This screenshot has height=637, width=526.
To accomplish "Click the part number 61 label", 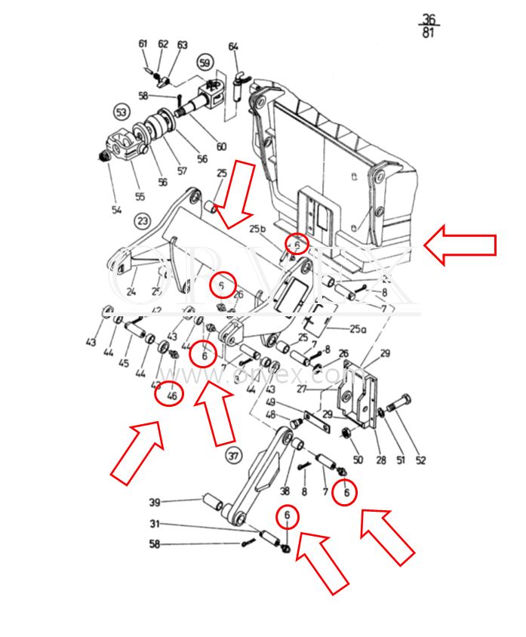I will click(143, 44).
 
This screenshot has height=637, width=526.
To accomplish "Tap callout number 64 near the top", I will click(233, 48).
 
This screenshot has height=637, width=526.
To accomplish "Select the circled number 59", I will click(205, 63).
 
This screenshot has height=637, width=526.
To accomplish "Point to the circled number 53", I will click(122, 112).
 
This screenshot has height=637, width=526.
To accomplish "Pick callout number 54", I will click(116, 210).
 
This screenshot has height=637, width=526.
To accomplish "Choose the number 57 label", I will click(182, 171).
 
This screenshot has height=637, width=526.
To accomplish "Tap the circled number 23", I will click(143, 221).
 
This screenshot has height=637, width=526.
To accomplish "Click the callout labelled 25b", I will click(258, 229).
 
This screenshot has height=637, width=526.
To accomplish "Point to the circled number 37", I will click(233, 455).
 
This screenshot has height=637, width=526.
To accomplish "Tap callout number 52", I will click(420, 460).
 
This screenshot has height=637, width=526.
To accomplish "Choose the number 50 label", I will click(358, 460).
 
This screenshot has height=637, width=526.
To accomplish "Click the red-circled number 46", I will click(171, 393).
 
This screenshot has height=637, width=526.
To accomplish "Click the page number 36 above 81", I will click(429, 19).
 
